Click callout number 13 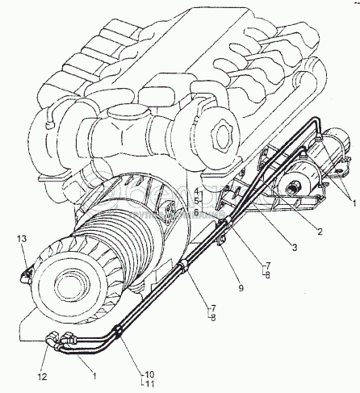point(23,239)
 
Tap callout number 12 point(43,377)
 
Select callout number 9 point(241,288)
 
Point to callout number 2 point(320,232)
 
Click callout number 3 point(295,247)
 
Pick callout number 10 point(150,374)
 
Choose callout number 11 point(150,384)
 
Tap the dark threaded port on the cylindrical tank point(292,189)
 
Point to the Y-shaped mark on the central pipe point(123,132)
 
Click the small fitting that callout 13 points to point(25,277)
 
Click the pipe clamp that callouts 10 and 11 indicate point(118,331)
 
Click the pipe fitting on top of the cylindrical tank point(319,139)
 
